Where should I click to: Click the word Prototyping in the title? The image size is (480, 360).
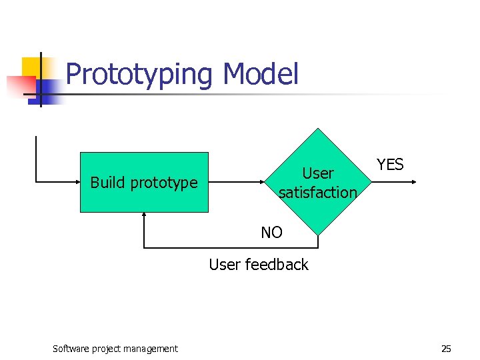click(x=139, y=74)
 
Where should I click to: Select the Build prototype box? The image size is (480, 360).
click(x=144, y=182)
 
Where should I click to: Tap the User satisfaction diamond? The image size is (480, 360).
click(x=318, y=182)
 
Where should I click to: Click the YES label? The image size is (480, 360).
click(x=390, y=165)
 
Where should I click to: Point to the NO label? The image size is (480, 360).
click(x=271, y=233)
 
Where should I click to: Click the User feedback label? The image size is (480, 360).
click(x=259, y=265)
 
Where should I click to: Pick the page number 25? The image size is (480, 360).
click(x=446, y=349)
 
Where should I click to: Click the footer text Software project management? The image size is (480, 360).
click(x=115, y=349)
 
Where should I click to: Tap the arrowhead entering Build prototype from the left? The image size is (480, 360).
click(x=76, y=181)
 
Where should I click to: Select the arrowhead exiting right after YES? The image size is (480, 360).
click(x=414, y=181)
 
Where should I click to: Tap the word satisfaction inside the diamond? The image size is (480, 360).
click(x=318, y=192)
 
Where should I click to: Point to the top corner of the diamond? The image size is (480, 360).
click(x=318, y=129)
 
